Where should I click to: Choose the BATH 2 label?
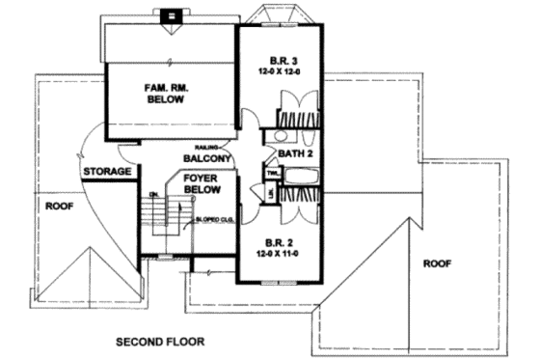click(291, 153)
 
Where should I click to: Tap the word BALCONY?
click(205, 158)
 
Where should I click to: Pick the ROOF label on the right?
click(437, 261)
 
